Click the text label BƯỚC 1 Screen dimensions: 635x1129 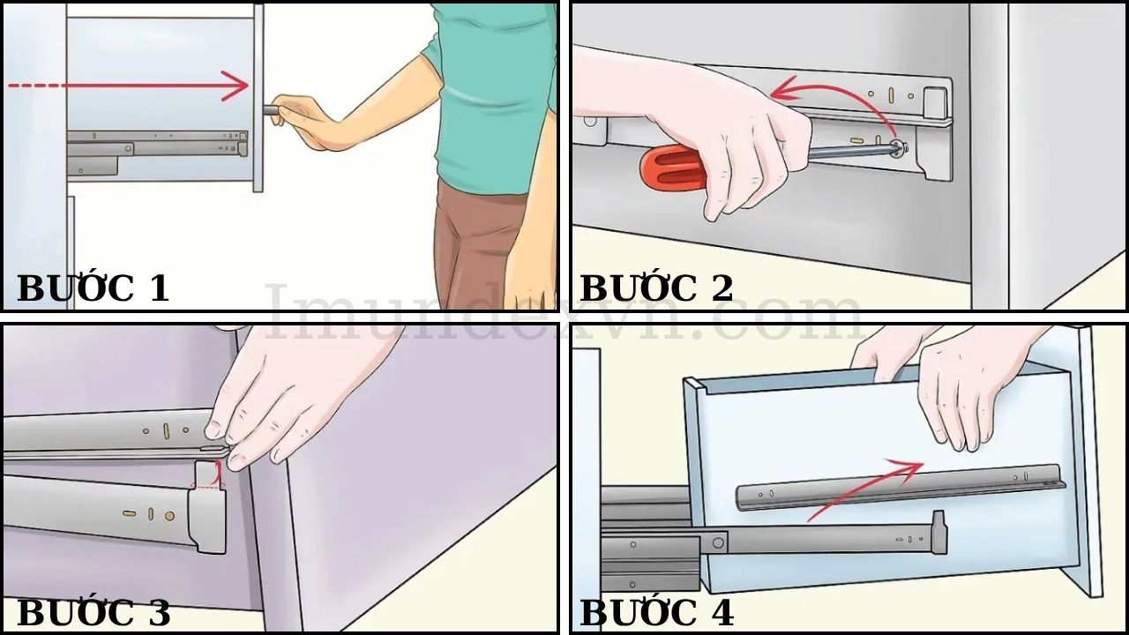93,288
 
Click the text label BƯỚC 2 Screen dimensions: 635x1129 656,288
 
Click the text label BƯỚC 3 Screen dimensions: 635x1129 93,612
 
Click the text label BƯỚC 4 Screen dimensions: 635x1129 656,612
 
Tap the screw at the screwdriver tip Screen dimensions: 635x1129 896,149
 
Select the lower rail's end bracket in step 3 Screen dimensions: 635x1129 210,520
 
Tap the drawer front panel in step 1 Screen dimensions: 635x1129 258,97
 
